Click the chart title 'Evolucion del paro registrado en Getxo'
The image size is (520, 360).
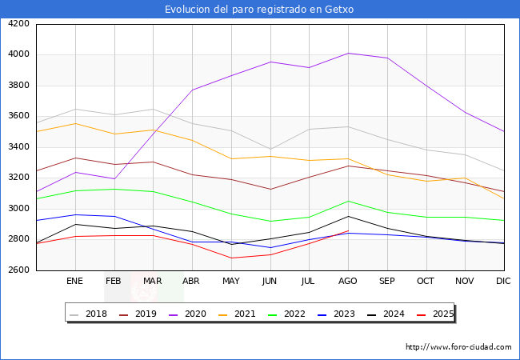pyautogui.click(x=259, y=10)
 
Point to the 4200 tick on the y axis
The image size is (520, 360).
pyautogui.click(x=18, y=24)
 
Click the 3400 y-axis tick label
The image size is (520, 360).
pyautogui.click(x=18, y=147)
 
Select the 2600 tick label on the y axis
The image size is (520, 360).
pyautogui.click(x=18, y=270)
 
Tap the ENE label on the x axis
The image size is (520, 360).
pyautogui.click(x=74, y=281)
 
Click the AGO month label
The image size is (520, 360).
pyautogui.click(x=347, y=281)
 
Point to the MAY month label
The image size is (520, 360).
pyautogui.click(x=230, y=281)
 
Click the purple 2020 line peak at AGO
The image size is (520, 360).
pyautogui.click(x=348, y=53)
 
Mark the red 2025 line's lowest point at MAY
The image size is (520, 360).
pyautogui.click(x=231, y=258)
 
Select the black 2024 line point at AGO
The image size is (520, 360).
pyautogui.click(x=348, y=216)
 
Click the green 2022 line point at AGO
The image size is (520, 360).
pyautogui.click(x=348, y=201)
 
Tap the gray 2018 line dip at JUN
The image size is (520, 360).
pyautogui.click(x=270, y=149)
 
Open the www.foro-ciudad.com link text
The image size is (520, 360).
pyautogui.click(x=458, y=347)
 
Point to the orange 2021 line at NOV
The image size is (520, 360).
pyautogui.click(x=465, y=178)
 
